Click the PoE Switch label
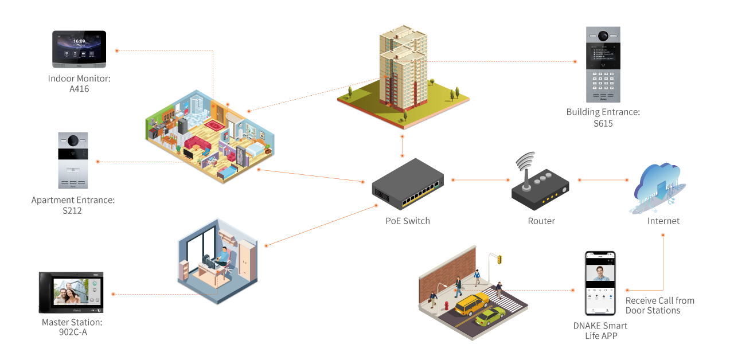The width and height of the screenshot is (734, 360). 407,221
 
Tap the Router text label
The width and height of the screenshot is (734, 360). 541,221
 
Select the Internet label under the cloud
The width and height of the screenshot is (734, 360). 663,221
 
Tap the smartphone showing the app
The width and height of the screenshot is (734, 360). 600,283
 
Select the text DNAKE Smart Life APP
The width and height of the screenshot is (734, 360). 600,331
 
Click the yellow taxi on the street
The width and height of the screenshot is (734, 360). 472,304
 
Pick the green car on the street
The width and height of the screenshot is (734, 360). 490,316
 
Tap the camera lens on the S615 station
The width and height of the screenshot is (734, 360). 603,36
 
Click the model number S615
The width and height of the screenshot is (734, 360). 603,123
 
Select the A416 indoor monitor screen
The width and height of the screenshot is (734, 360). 79,46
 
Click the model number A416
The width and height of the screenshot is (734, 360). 79,89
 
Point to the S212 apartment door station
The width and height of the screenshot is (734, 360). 73,161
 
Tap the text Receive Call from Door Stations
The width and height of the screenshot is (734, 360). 659,306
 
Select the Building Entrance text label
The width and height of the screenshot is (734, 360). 603,112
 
